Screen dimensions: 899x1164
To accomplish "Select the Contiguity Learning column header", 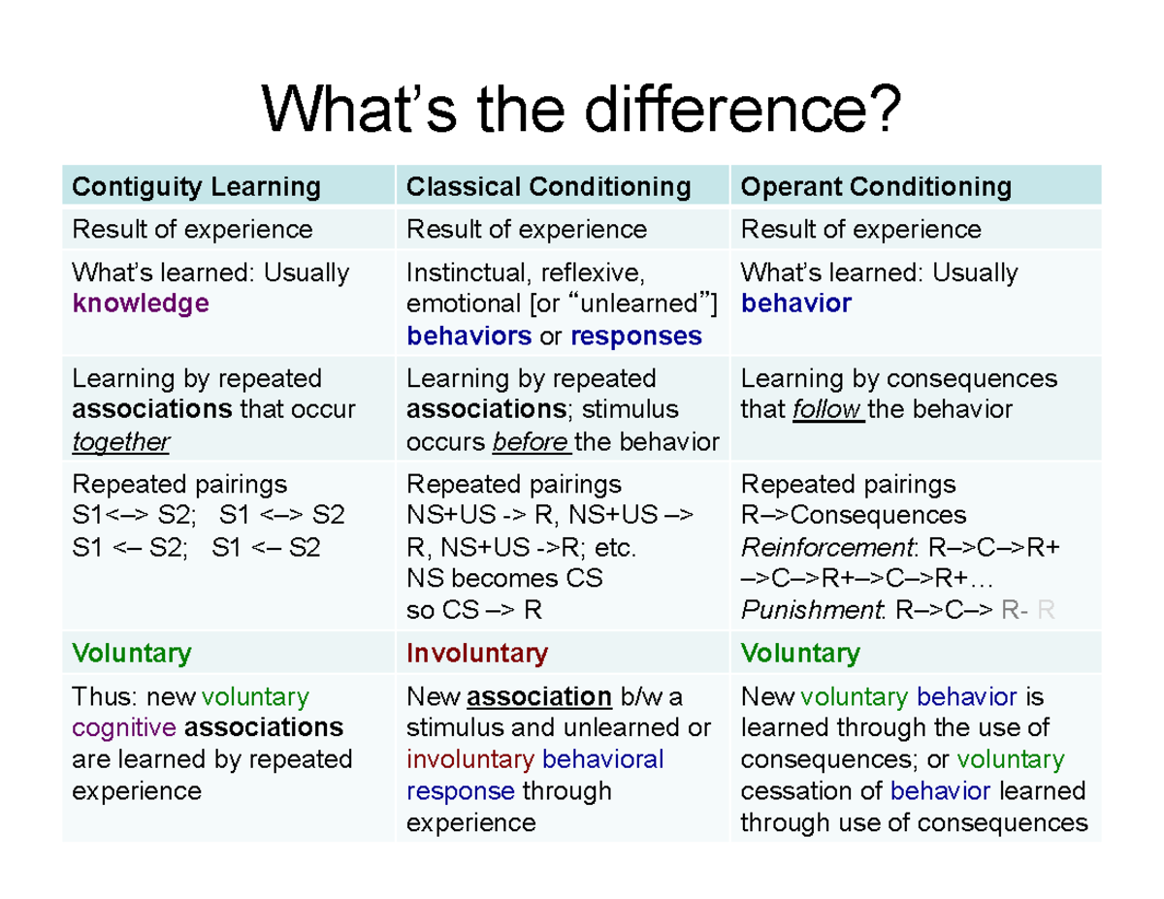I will (196, 186).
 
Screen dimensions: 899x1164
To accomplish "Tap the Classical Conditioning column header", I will (548, 186).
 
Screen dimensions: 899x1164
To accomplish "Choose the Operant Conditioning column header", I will (875, 186).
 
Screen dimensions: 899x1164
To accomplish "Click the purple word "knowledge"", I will (141, 304).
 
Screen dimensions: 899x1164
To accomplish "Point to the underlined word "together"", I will (120, 442).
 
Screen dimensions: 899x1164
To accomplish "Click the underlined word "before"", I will (531, 442).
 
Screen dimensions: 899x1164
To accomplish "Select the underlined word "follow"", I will (827, 410).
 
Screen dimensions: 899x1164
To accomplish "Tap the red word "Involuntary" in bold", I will (476, 654).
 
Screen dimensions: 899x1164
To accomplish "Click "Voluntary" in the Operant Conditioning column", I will (800, 654).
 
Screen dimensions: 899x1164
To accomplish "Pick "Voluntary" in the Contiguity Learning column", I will (132, 654).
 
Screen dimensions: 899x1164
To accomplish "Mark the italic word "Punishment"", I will (813, 611).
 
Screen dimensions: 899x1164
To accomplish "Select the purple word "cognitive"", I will (124, 727).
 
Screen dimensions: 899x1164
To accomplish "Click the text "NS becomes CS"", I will (504, 579).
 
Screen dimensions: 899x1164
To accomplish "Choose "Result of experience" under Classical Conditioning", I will (526, 230).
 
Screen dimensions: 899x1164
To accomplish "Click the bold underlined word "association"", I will (539, 696).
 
